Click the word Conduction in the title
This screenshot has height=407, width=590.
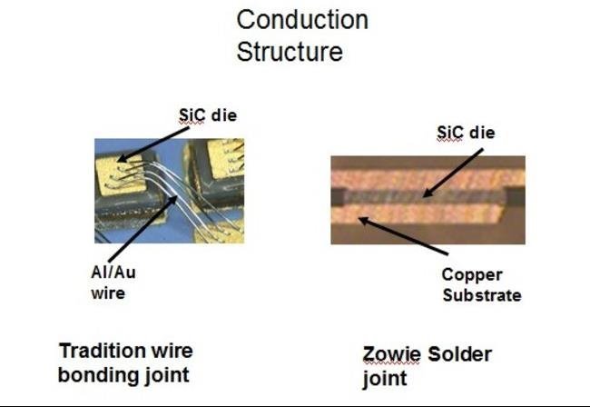pyautogui.click(x=302, y=20)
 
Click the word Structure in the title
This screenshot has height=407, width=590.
pyautogui.click(x=290, y=51)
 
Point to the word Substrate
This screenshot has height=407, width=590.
pyautogui.click(x=481, y=295)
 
